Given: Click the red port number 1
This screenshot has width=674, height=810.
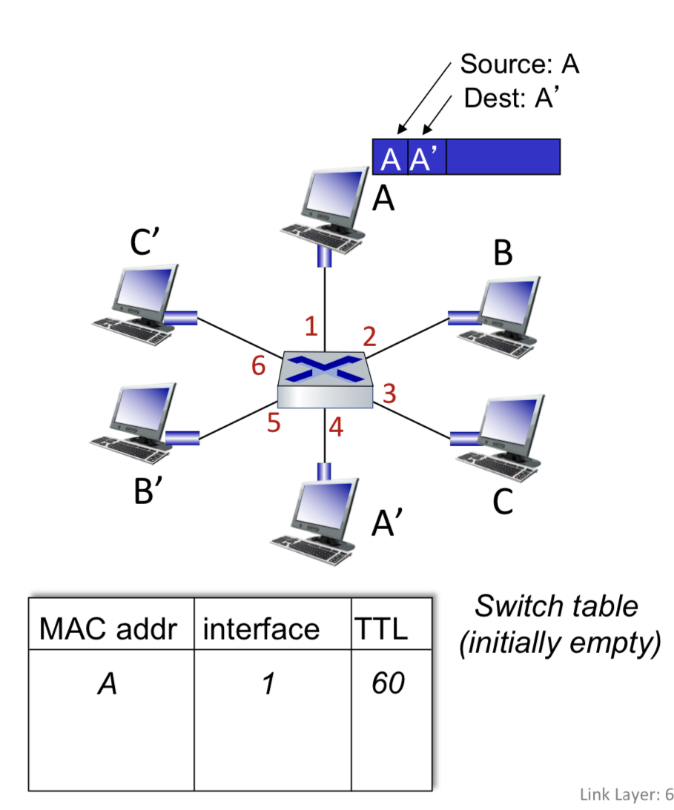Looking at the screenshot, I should [x=312, y=325].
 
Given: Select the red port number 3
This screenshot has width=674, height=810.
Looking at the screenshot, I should [x=389, y=394].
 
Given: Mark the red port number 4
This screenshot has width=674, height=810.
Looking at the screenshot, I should [x=336, y=428].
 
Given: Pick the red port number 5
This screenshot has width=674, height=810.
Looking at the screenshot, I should [x=274, y=423].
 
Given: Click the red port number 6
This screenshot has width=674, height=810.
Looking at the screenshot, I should [x=258, y=365].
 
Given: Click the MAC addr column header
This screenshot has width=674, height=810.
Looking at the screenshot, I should [x=108, y=629].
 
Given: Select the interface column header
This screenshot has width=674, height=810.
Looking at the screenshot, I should [x=261, y=629].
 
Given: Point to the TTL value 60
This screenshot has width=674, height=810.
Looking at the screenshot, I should [x=388, y=684].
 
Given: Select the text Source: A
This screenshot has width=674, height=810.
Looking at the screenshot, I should [x=519, y=64].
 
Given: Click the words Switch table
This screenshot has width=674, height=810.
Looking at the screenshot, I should [x=556, y=606].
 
